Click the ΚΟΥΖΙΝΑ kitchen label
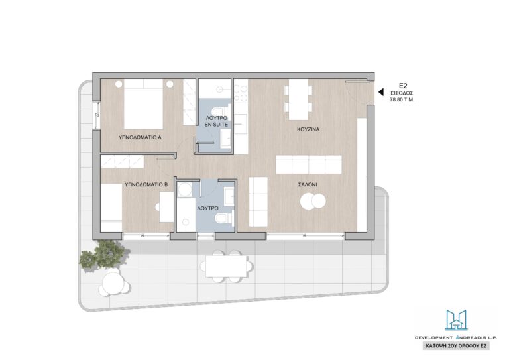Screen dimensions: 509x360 308,129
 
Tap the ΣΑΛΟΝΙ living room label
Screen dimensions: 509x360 308,184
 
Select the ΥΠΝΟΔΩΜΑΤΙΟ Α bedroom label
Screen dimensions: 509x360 140,137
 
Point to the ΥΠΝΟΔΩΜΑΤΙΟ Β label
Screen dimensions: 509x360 146,184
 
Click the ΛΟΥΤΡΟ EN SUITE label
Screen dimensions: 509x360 216,121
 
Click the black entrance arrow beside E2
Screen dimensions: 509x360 381,92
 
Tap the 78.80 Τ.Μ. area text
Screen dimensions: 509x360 402,100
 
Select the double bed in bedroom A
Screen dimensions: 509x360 143,104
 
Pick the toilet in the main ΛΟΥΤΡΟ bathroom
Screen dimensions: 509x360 224,217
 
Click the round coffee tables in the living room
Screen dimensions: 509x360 313,201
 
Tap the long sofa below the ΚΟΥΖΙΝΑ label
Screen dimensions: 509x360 308,164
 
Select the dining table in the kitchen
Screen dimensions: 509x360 298,99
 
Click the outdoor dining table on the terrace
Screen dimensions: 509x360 226,267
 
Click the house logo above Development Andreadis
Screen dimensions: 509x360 456,320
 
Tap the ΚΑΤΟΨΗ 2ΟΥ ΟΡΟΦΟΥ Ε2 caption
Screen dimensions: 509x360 456,346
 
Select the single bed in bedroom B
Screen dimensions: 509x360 111,208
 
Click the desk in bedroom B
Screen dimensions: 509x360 167,207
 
